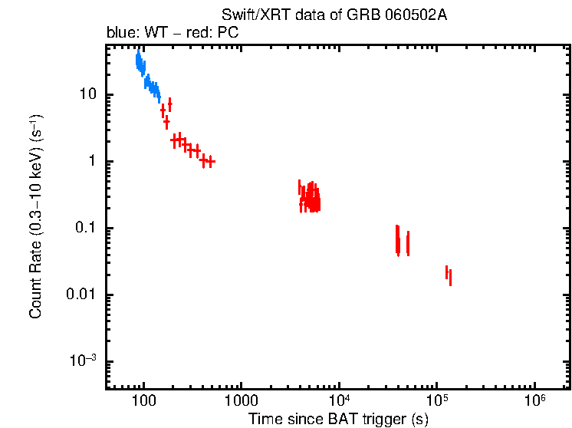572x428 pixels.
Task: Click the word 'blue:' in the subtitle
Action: tap(120, 34)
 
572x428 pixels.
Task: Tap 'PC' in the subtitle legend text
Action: tap(229, 34)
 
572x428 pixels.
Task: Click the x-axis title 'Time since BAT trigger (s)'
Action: tap(338, 419)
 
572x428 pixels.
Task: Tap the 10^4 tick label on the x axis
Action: tap(338, 400)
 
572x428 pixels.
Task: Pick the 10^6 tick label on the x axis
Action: tap(534, 400)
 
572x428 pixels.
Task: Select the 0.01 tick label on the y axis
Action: tap(81, 295)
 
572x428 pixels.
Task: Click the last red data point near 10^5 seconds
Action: tap(450, 277)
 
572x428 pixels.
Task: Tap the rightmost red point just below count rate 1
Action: tap(210, 161)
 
